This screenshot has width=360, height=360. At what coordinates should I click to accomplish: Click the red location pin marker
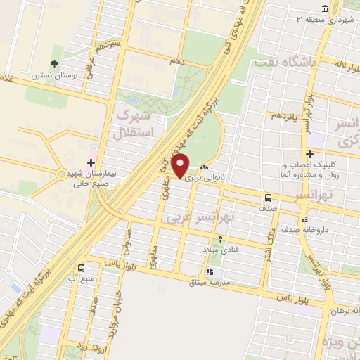[181, 166]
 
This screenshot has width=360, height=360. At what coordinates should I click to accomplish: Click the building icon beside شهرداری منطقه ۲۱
[324, 8]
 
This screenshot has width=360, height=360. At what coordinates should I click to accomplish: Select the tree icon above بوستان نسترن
[56, 62]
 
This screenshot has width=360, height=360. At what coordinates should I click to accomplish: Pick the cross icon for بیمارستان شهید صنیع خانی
[91, 162]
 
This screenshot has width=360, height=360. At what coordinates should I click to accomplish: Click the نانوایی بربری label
[209, 179]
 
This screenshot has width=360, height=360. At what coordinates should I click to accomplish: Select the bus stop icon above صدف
[268, 198]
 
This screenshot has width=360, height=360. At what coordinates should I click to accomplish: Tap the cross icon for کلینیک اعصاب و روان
[309, 154]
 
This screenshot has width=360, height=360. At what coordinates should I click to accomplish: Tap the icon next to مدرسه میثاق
[209, 271]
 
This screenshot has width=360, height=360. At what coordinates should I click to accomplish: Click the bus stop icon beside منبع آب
[82, 268]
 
